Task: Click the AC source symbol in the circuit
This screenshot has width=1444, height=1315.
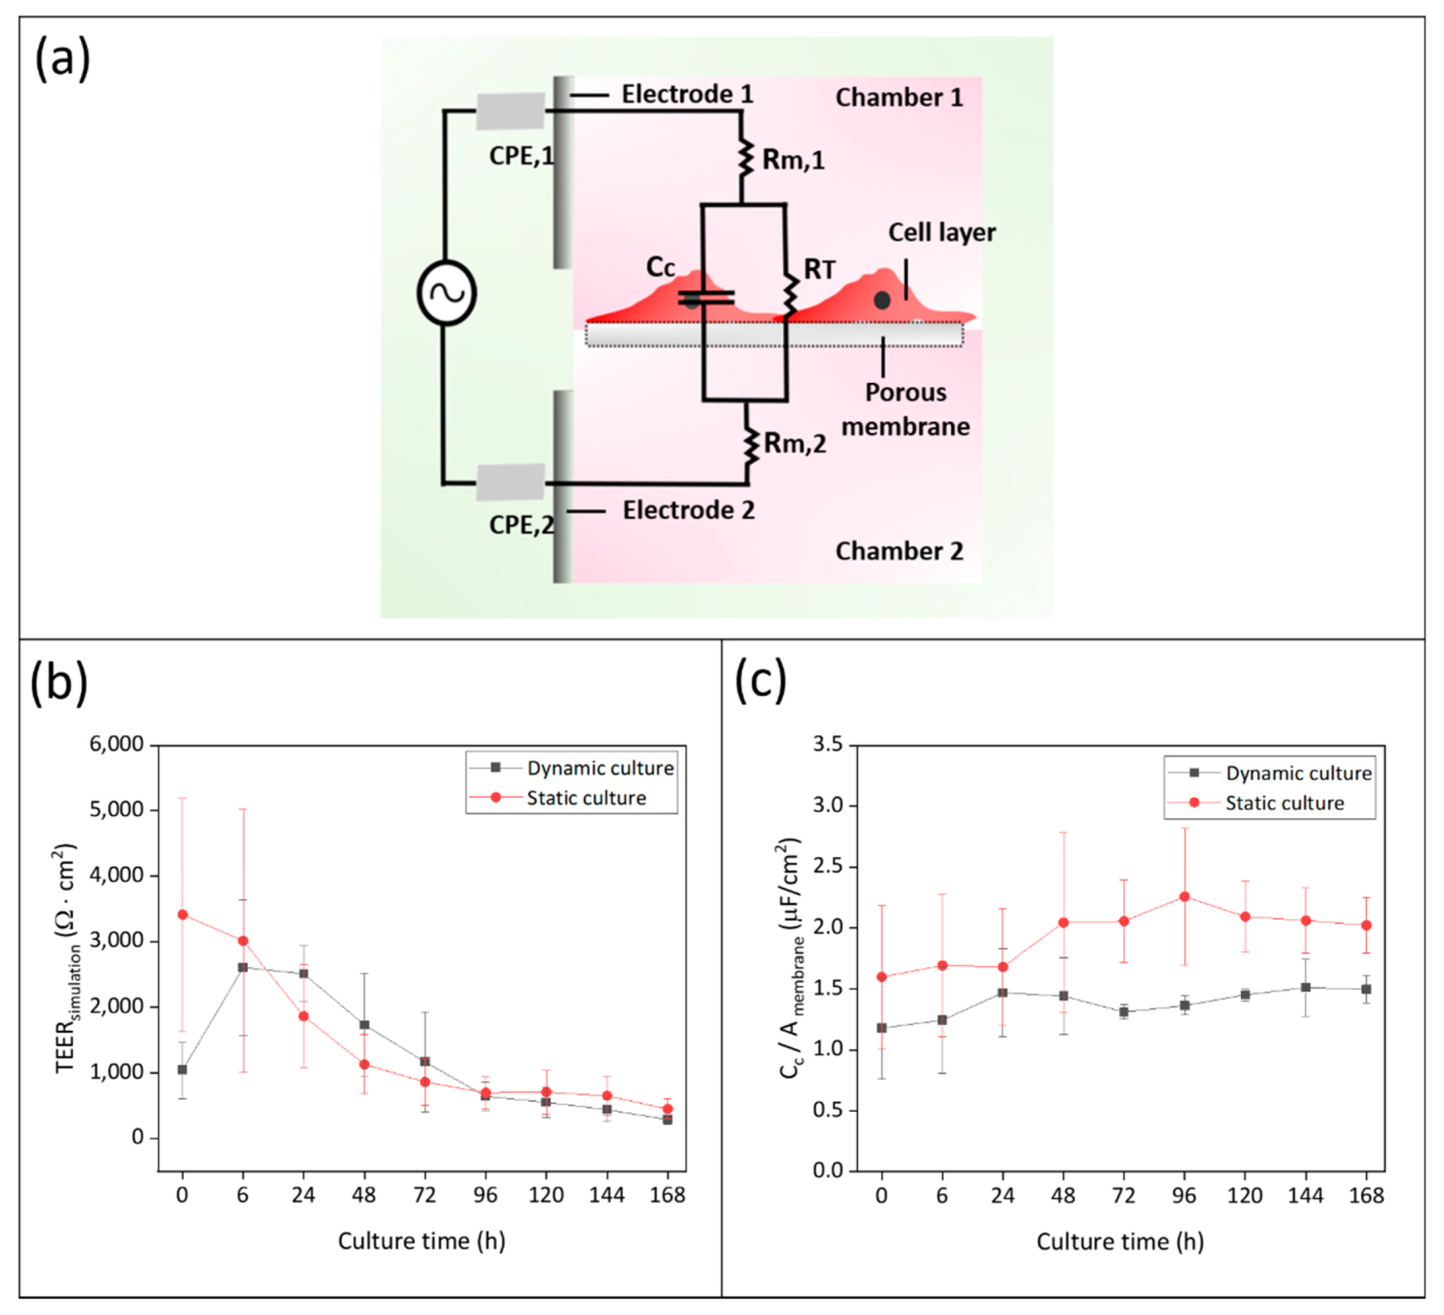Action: click(446, 292)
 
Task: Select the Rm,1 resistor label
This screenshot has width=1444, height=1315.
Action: click(793, 159)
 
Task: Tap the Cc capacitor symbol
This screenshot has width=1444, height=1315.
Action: click(705, 297)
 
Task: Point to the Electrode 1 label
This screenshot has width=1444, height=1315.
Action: click(687, 94)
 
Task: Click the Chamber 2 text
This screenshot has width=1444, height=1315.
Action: click(899, 551)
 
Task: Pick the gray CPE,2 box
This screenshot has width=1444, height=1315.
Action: click(510, 482)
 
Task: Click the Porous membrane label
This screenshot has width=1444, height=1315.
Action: click(905, 409)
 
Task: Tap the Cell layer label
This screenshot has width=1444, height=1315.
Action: click(942, 233)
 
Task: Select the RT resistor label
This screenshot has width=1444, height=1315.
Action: click(819, 269)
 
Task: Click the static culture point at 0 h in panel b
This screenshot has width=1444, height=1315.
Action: click(182, 915)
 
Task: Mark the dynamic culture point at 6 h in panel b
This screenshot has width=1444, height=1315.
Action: click(243, 967)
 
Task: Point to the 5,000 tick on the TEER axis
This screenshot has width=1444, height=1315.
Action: click(116, 810)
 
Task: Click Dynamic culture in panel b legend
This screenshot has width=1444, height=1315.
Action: click(600, 768)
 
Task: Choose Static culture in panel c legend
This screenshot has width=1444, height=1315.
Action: click(1284, 803)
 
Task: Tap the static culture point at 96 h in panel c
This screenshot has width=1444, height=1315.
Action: click(1185, 897)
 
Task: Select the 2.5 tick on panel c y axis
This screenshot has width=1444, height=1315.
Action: click(827, 867)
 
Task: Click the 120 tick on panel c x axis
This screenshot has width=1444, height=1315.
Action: click(1244, 1196)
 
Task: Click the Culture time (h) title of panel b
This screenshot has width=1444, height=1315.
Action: click(421, 1240)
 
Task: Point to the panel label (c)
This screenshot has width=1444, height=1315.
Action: click(761, 681)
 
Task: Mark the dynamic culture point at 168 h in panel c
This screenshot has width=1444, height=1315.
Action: click(1366, 989)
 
